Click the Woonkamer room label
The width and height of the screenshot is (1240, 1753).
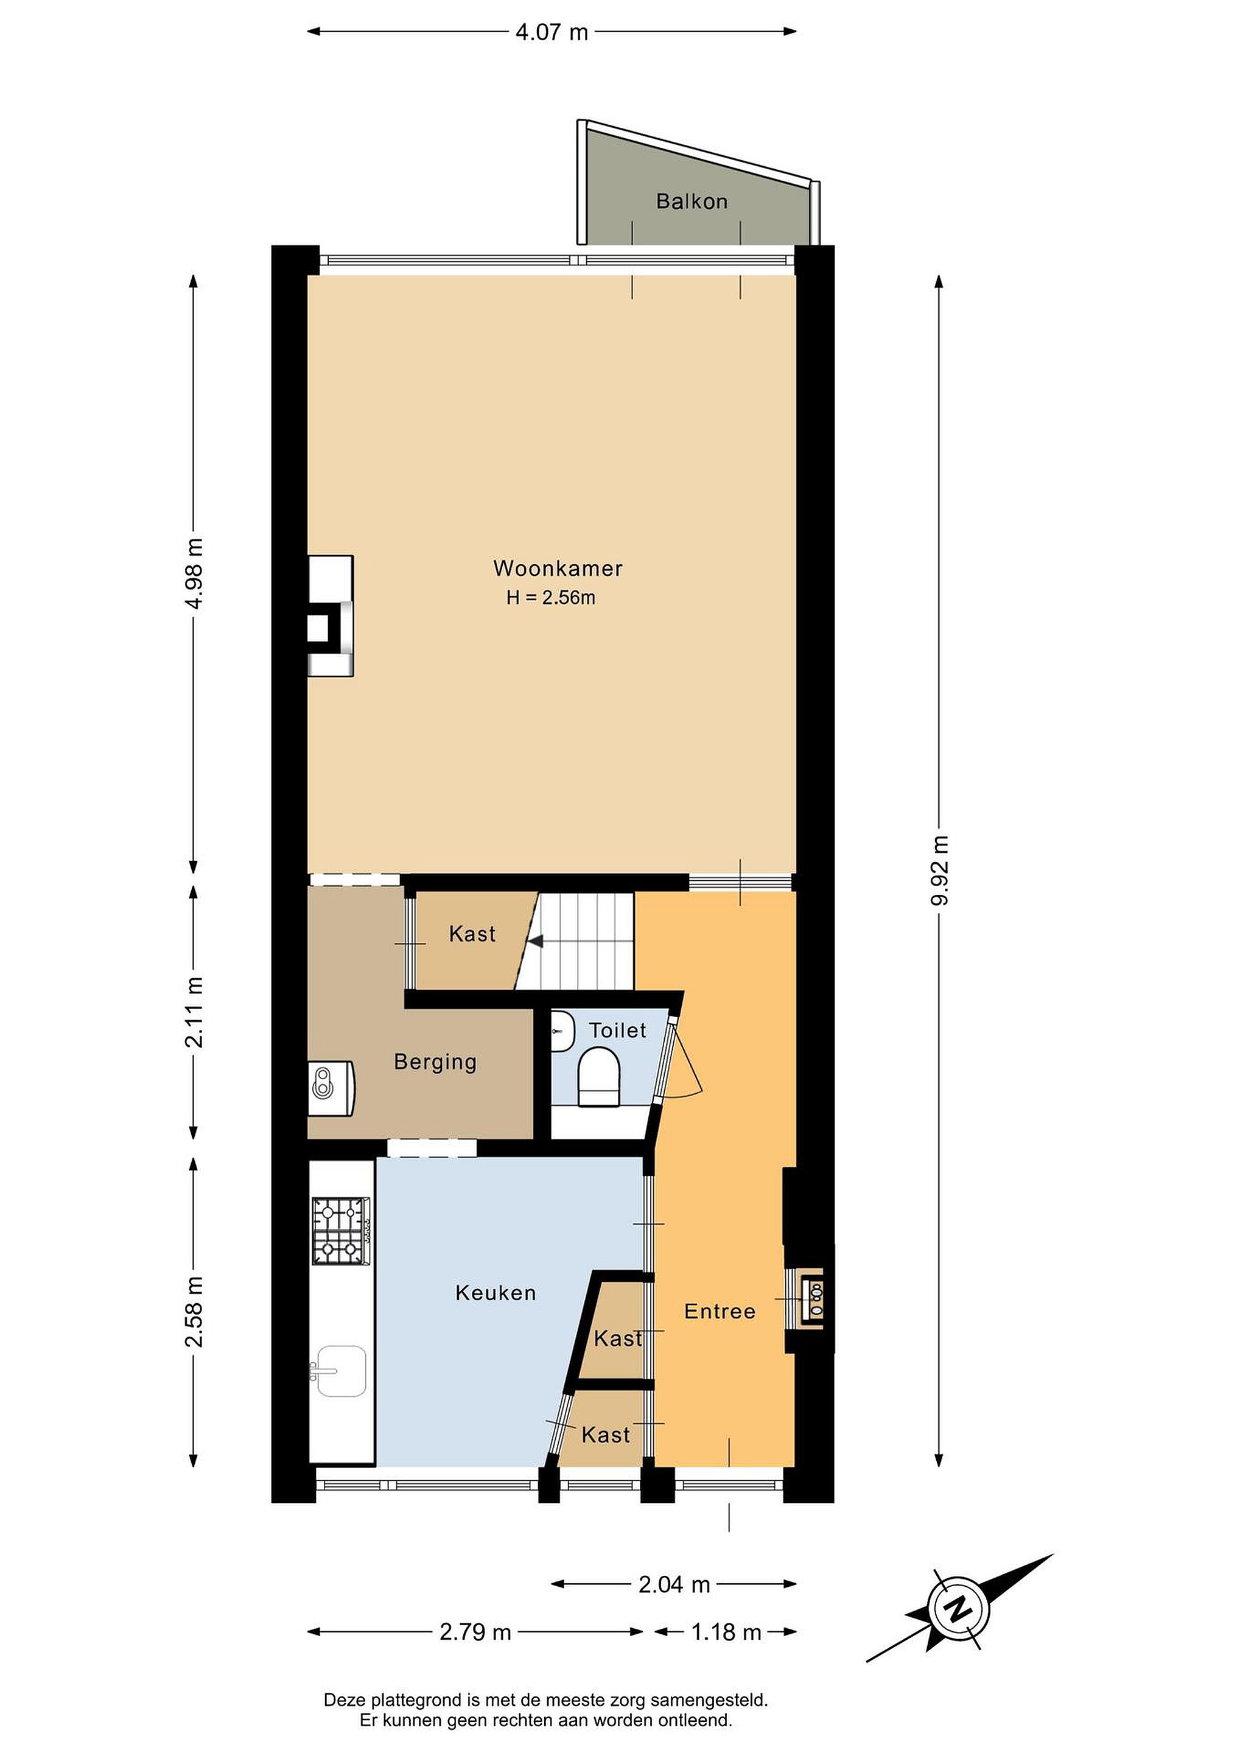point(558,569)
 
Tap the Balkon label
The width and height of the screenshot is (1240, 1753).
point(692,201)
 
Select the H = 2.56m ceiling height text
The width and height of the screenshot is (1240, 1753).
point(550,598)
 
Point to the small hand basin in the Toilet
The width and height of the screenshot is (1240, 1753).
point(562,1032)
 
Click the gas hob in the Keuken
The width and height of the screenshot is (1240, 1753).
point(340,1231)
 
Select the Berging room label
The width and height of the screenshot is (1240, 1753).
point(435,1062)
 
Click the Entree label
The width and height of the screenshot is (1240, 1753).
point(720,1312)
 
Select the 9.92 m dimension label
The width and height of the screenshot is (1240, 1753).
point(940,870)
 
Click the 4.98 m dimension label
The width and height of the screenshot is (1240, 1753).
point(195,573)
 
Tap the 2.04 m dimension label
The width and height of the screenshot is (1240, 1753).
point(674,1585)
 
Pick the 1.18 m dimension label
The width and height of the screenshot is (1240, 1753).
point(726,1632)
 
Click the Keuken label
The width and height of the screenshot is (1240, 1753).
point(496,1293)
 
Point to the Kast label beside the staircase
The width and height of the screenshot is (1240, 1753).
point(472,934)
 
